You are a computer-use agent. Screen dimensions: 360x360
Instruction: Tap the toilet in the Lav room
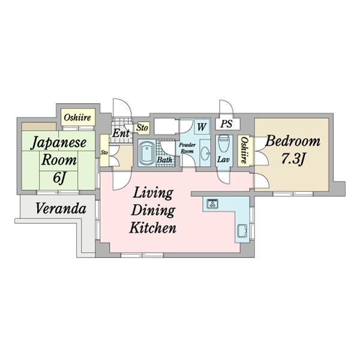(224, 144)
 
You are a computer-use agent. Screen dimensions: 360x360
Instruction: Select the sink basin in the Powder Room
(205, 152)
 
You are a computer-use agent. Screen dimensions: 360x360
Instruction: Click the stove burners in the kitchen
(212, 203)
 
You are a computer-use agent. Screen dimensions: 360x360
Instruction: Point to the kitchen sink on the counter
(242, 231)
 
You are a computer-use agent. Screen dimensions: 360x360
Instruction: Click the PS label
(226, 124)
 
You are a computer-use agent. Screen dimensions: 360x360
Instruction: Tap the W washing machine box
(202, 127)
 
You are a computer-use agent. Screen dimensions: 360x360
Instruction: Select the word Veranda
(61, 209)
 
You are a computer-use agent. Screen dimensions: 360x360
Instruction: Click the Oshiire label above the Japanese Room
(77, 118)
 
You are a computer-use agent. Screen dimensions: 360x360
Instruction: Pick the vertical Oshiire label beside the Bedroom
(244, 150)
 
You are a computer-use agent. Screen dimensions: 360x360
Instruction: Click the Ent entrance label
(121, 133)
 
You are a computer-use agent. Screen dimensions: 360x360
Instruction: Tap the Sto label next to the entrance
(142, 127)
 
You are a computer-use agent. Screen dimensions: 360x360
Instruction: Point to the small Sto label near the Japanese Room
(104, 152)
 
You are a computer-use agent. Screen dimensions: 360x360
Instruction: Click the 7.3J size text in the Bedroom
(293, 158)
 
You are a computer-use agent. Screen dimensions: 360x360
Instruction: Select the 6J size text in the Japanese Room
(59, 177)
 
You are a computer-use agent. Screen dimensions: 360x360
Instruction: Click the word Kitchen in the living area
(153, 228)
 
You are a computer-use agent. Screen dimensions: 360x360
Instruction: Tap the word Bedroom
(293, 141)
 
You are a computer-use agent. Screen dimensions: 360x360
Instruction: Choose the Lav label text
(224, 159)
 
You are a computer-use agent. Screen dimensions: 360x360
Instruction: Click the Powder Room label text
(187, 148)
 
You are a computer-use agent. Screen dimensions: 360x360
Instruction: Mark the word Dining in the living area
(153, 211)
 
